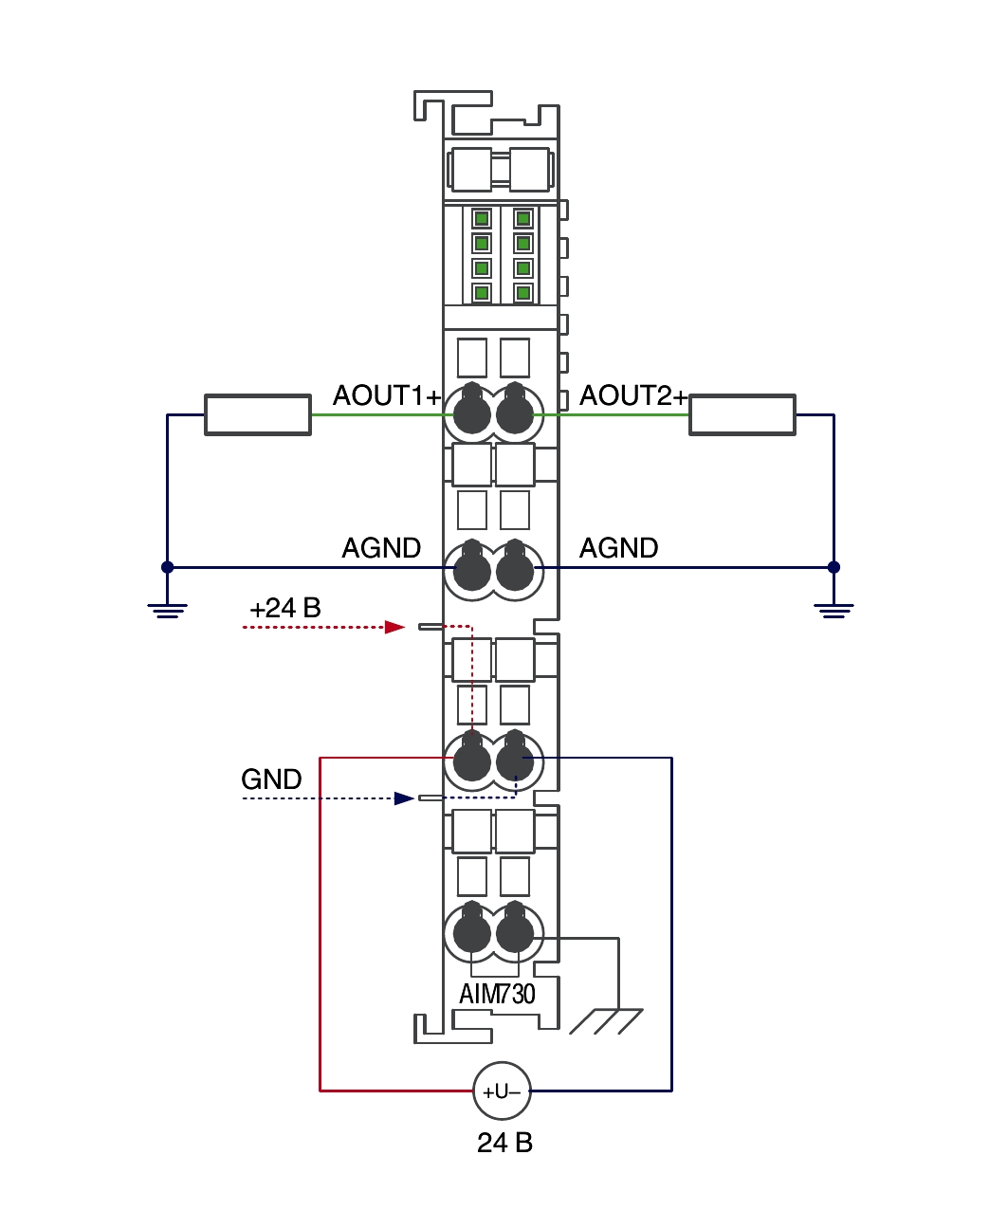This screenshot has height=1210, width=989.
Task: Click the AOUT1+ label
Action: click(387, 395)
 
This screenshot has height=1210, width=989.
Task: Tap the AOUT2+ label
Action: click(632, 395)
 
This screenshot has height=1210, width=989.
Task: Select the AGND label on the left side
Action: click(381, 548)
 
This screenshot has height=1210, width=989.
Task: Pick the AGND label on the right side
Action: click(618, 548)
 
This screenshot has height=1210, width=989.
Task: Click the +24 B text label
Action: click(285, 608)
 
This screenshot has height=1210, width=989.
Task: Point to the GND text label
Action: click(271, 779)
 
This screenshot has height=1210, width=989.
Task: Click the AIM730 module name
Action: click(497, 995)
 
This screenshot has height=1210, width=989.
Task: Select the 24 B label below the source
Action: click(504, 1143)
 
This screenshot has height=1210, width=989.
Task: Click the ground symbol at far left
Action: click(167, 611)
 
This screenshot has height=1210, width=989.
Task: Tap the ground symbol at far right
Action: click(833, 611)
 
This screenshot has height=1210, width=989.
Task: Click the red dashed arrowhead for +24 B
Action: click(395, 627)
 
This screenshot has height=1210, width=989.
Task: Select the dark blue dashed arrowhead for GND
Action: click(405, 798)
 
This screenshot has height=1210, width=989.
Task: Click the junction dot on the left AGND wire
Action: click(167, 567)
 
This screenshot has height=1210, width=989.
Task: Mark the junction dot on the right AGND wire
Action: click(833, 567)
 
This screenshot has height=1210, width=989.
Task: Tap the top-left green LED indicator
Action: click(482, 219)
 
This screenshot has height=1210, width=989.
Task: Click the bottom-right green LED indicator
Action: click(522, 293)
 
